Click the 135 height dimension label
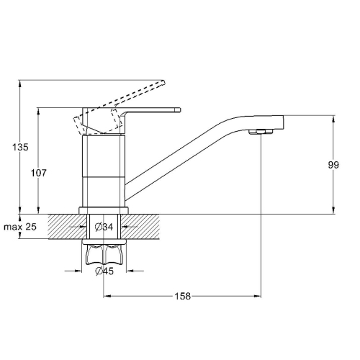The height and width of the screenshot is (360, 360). click(x=20, y=147)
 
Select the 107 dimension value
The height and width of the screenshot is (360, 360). click(x=38, y=173)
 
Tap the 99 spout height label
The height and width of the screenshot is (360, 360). click(x=333, y=165)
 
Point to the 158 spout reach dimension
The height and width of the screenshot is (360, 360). click(x=182, y=296)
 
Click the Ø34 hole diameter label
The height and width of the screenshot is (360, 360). click(x=104, y=227)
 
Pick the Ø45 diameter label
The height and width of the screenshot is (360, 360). click(x=104, y=271)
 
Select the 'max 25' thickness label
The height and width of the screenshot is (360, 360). click(x=20, y=227)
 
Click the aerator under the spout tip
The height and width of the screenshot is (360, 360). click(x=261, y=131)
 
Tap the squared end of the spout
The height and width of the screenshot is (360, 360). click(x=279, y=122)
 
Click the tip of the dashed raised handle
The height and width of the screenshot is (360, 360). click(x=163, y=82)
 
